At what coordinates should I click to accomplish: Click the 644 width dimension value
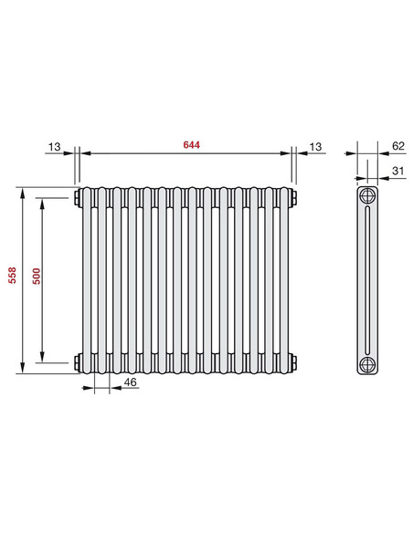(x=190, y=145)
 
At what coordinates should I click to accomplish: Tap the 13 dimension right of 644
(x=315, y=145)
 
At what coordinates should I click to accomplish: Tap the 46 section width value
(x=130, y=382)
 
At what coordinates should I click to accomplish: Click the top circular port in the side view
(x=367, y=197)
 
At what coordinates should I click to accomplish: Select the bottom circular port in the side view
(x=367, y=363)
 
